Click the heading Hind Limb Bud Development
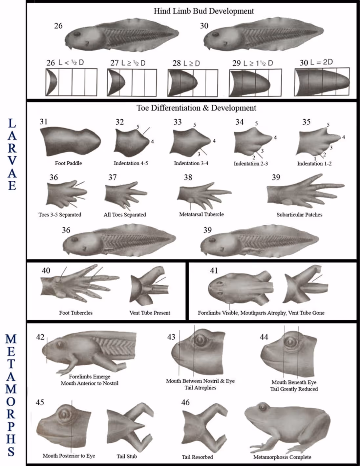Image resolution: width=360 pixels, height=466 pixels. click(203, 11)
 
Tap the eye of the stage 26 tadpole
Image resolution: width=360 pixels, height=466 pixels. click(76, 34)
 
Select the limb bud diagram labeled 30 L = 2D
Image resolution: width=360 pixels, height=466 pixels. click(322, 82)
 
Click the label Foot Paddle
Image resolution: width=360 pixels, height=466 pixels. click(68, 163)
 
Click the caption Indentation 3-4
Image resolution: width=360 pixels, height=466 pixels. click(191, 163)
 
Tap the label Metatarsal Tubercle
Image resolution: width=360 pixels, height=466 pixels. click(201, 214)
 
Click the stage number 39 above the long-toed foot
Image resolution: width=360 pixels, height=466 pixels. click(276, 177)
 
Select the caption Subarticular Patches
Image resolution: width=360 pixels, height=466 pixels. click(299, 215)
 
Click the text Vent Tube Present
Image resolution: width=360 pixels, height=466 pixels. click(150, 313)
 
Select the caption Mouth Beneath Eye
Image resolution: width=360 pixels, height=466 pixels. click(294, 382)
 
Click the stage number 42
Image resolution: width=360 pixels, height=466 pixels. click(40, 337)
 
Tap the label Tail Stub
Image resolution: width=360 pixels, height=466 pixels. click(127, 456)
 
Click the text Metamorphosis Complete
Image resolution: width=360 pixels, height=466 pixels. click(282, 457)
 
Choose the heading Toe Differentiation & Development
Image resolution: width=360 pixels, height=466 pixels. click(196, 108)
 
